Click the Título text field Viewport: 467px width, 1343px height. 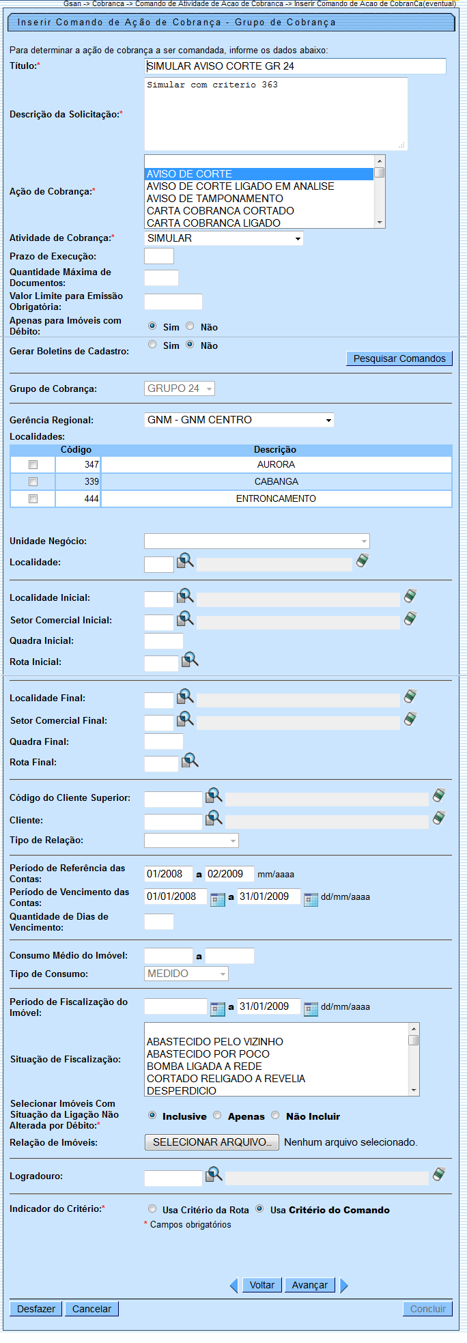[x=295, y=66]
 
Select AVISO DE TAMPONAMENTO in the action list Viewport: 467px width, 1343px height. [x=215, y=199]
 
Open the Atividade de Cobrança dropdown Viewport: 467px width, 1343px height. [x=224, y=238]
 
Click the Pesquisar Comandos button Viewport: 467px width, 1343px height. [x=399, y=358]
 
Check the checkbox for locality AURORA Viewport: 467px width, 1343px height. [x=33, y=465]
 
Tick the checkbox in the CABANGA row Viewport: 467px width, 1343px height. [x=33, y=482]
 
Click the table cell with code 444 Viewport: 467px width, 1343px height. [x=78, y=499]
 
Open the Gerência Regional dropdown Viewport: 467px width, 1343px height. [x=239, y=420]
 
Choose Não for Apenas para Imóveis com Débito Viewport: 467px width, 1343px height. [x=190, y=326]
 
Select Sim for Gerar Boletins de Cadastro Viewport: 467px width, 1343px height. [x=152, y=345]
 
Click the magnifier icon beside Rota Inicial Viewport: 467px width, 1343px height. [x=190, y=660]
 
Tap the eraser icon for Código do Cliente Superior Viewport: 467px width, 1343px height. [x=440, y=795]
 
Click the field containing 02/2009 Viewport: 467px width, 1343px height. [x=229, y=874]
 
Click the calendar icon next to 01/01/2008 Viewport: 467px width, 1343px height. [x=218, y=899]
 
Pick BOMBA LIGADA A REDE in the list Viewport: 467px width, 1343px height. [x=204, y=1066]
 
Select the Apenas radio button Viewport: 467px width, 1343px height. [x=217, y=1116]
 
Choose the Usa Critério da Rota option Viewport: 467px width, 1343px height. [x=152, y=1209]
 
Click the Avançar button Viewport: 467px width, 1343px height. [x=310, y=1285]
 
